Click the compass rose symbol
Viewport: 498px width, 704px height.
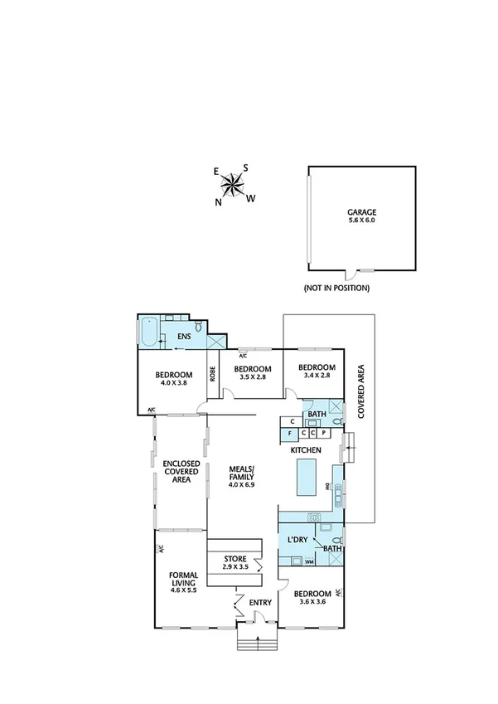tap(235, 183)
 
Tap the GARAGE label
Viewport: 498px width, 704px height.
tap(360, 212)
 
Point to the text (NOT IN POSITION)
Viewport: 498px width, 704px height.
tap(336, 289)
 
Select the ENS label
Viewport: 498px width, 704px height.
tap(185, 337)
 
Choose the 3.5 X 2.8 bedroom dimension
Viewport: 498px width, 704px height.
tap(252, 378)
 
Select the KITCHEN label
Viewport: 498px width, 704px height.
tap(306, 449)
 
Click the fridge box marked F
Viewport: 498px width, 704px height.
tap(289, 433)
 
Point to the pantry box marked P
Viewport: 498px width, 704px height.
tap(323, 433)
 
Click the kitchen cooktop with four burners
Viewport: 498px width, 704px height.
tap(315, 517)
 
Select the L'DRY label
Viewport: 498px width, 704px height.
tap(297, 541)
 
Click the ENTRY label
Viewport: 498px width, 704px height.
tap(259, 603)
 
